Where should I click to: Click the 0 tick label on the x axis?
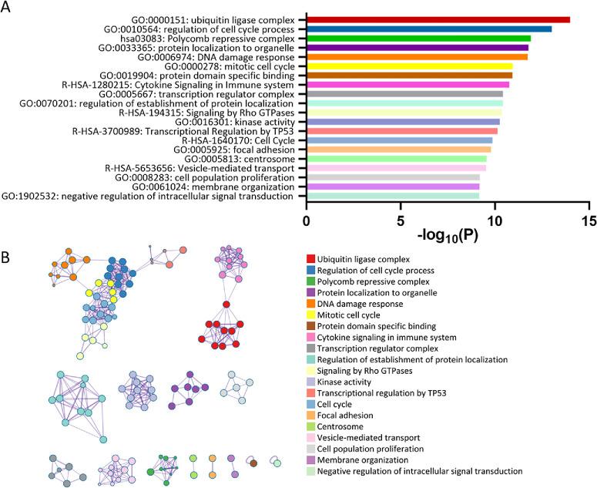click(307, 222)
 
